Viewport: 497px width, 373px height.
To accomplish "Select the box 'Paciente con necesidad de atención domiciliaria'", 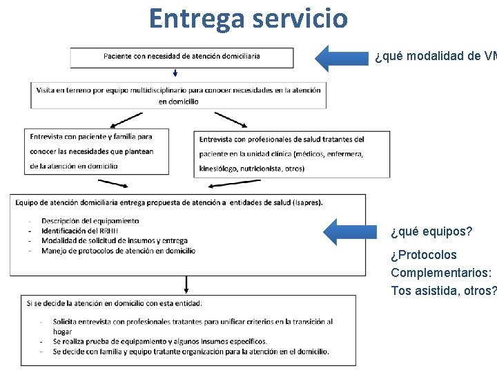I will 181,57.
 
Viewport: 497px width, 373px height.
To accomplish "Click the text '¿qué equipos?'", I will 431,231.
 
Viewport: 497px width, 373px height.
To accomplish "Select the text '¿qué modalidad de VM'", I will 435,57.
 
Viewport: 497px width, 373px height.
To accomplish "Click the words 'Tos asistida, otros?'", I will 443,291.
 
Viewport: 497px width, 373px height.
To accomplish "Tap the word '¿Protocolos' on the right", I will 423,255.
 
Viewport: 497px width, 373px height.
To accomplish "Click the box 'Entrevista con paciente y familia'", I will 95,151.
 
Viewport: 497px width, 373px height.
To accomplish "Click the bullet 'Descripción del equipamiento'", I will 90,221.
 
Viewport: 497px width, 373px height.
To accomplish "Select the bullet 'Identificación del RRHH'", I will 79,231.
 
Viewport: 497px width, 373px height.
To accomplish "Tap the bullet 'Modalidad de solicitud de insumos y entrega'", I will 114,240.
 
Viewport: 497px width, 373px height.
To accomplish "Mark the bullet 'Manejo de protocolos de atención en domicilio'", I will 118,251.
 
